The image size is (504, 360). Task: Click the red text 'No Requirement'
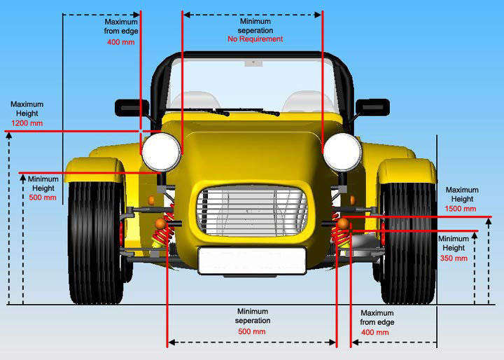pyautogui.click(x=255, y=39)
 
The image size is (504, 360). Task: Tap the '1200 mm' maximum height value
pyautogui.click(x=27, y=123)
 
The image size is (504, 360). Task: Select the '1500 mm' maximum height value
pyautogui.click(x=461, y=209)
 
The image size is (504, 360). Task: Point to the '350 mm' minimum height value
pyautogui.click(x=453, y=258)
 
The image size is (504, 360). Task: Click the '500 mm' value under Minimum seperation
pyautogui.click(x=253, y=331)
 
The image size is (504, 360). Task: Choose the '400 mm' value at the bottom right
pyautogui.click(x=375, y=332)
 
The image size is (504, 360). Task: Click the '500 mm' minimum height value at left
pyautogui.click(x=43, y=198)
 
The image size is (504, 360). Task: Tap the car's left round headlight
pyautogui.click(x=160, y=151)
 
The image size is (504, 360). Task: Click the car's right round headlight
pyautogui.click(x=342, y=151)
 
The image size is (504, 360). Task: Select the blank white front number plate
pyautogui.click(x=252, y=261)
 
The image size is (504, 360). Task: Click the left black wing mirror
pyautogui.click(x=132, y=108)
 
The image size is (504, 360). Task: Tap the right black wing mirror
pyautogui.click(x=372, y=107)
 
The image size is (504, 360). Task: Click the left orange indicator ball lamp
pyautogui.click(x=160, y=223)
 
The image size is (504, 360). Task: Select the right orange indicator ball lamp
pyautogui.click(x=343, y=223)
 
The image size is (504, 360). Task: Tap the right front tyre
pyautogui.click(x=409, y=242)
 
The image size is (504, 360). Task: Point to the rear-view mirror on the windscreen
pyautogui.click(x=251, y=64)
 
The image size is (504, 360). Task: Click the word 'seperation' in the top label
pyautogui.click(x=255, y=30)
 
